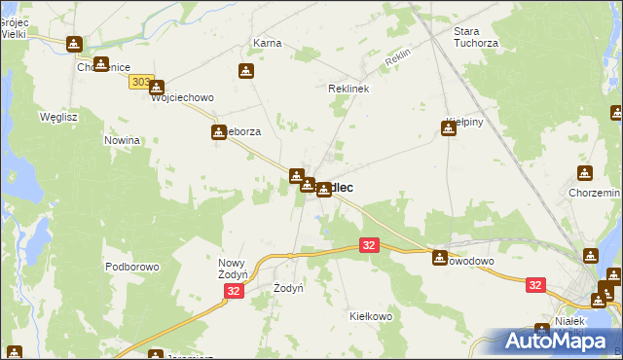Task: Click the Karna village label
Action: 267,44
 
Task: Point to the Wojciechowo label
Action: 182,98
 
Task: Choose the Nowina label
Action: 123,140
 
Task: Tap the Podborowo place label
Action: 131,267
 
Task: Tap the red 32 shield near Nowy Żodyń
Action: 233,291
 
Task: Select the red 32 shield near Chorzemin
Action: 535,285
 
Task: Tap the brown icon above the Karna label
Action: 246,71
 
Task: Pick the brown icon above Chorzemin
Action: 584,173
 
